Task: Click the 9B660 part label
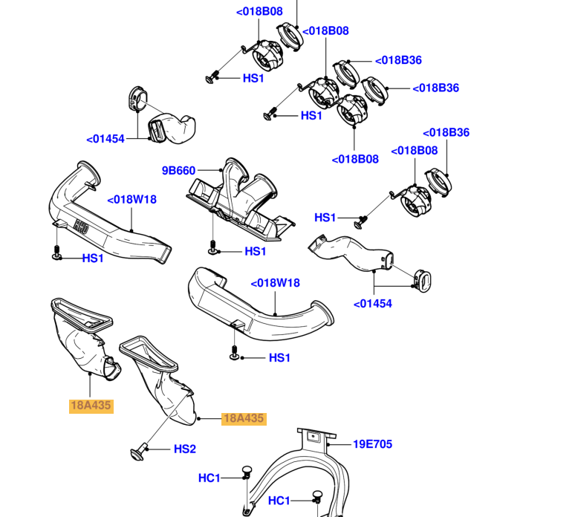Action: point(178,171)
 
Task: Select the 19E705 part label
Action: point(372,444)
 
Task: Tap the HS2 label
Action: point(184,449)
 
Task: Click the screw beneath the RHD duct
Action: point(57,253)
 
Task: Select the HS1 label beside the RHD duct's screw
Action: point(93,258)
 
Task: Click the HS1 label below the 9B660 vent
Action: point(255,252)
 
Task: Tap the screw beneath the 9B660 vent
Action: point(213,247)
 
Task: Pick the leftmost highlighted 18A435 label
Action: point(91,406)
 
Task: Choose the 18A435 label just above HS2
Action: point(244,418)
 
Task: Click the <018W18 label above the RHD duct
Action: point(131,199)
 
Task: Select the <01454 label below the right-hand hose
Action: point(372,303)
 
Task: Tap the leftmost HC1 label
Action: point(209,478)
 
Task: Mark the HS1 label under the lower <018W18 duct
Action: point(279,357)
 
